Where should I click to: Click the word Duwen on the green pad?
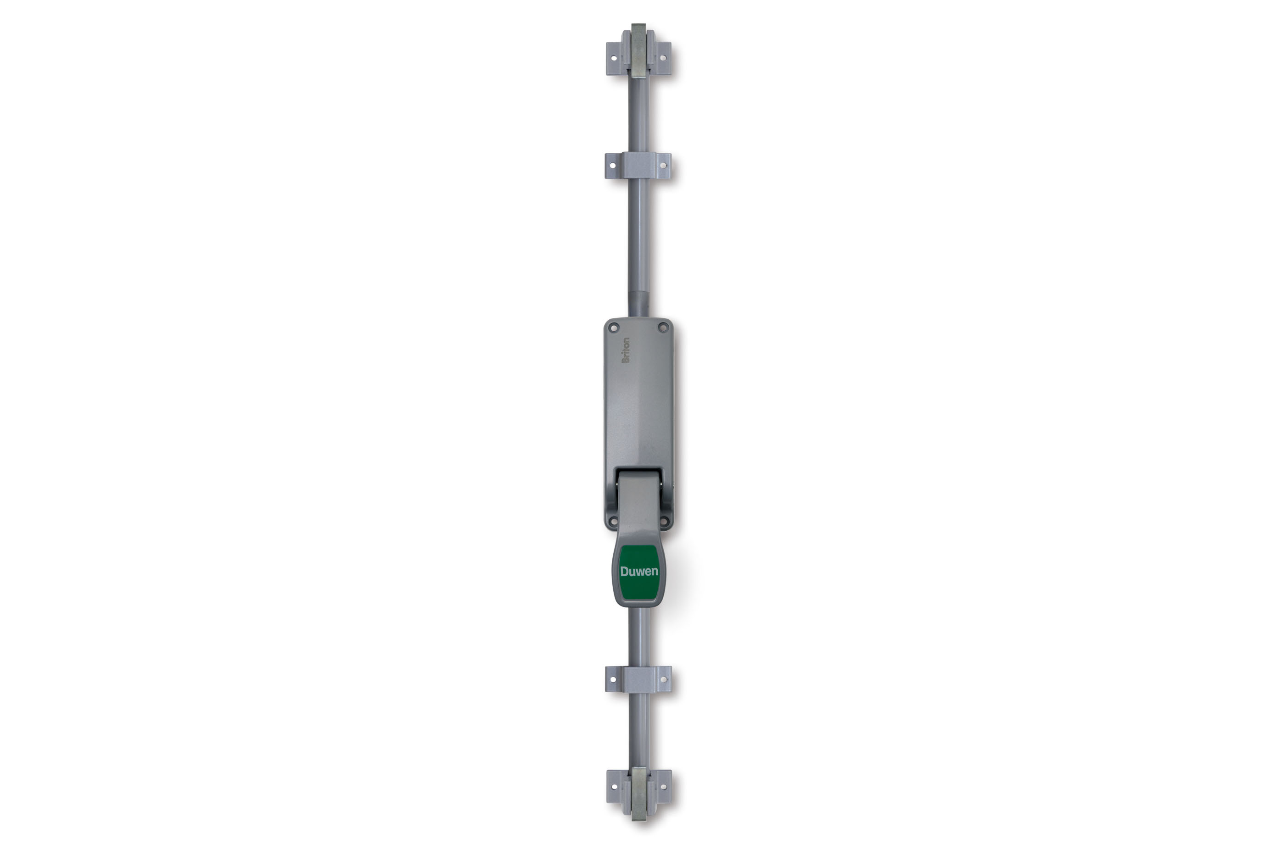click(639, 572)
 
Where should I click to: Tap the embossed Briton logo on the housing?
click(626, 350)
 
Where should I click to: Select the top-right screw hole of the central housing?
click(663, 328)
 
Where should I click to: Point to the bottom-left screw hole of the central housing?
click(613, 522)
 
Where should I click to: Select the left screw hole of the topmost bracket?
click(614, 58)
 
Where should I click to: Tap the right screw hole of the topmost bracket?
click(663, 58)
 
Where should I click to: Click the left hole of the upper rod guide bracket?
click(613, 165)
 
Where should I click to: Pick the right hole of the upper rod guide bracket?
click(663, 165)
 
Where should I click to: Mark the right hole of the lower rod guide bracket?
click(663, 679)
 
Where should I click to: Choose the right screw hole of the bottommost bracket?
click(663, 787)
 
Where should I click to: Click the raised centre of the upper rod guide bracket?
click(638, 165)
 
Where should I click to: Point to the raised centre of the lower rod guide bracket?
click(638, 679)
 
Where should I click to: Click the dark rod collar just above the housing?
click(638, 305)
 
